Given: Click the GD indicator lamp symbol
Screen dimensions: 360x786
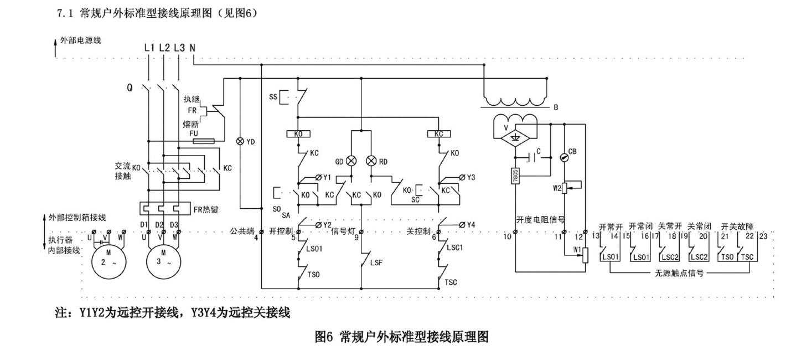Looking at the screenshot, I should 351,161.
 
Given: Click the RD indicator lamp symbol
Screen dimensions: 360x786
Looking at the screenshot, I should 371,161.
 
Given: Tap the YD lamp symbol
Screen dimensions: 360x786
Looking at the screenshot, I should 240,141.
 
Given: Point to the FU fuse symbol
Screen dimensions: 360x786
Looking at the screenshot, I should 203,141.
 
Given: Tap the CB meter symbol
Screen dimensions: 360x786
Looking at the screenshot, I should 564,157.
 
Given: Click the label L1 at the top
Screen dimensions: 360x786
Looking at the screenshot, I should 149,48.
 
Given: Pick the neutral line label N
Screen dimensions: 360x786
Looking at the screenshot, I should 192,48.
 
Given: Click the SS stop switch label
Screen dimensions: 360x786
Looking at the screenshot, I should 273,97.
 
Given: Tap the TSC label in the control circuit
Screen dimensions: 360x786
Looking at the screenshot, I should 452,282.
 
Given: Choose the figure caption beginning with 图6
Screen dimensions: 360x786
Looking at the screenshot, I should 401,337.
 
